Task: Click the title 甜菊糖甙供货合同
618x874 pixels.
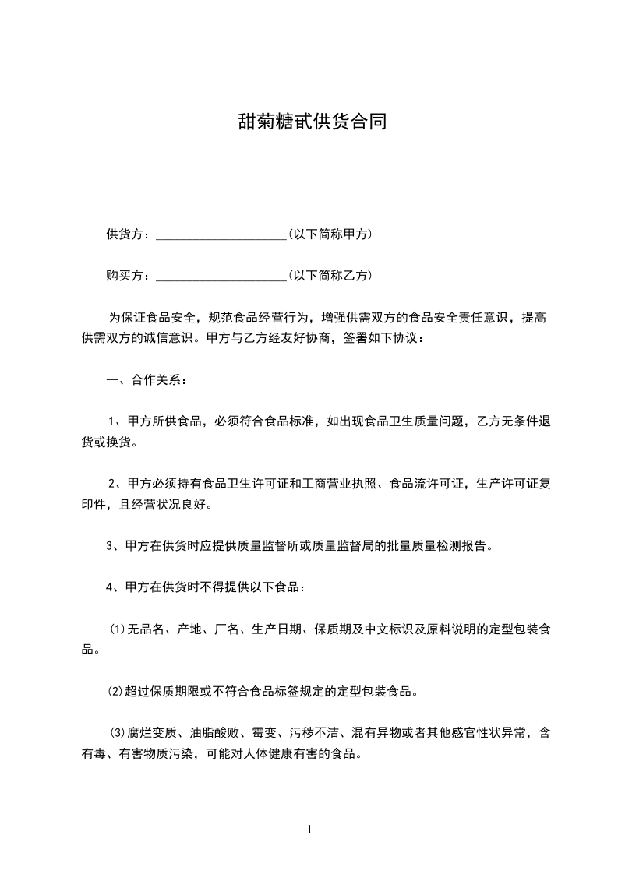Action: pyautogui.click(x=312, y=122)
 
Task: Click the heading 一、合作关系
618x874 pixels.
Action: pyautogui.click(x=147, y=381)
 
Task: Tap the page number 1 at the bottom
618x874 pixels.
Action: pyautogui.click(x=309, y=830)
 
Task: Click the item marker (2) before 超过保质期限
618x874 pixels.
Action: pyautogui.click(x=115, y=690)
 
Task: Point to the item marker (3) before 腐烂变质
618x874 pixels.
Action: pyautogui.click(x=118, y=733)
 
